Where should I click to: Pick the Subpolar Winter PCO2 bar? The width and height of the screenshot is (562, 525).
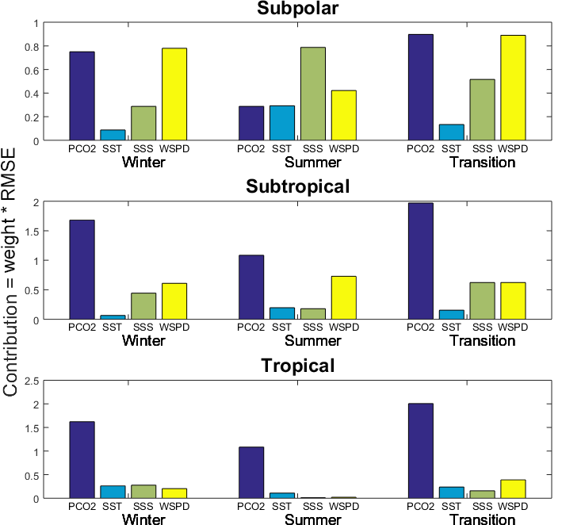pos(82,96)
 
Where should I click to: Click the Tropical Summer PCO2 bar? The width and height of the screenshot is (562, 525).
pos(251,473)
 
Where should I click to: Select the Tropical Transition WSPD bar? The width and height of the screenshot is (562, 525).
pos(513,489)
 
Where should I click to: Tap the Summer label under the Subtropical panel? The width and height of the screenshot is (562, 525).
pos(312,341)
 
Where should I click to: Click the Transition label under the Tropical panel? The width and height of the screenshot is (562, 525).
pos(482,519)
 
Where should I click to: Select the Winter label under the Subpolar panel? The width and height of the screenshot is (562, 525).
pos(143,163)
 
